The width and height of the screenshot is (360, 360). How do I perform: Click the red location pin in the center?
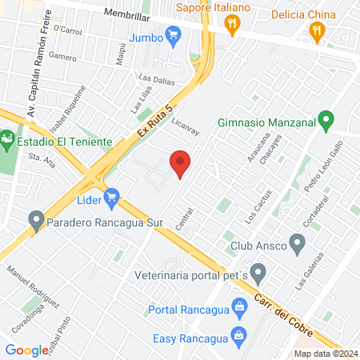(x=180, y=163)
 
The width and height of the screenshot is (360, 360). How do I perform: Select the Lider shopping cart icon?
(x=111, y=196)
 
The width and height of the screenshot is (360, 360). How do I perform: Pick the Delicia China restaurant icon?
(x=317, y=32)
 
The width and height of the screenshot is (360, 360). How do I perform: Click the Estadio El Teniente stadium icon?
(x=7, y=142)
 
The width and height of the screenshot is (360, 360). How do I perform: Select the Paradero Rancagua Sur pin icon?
(x=35, y=219)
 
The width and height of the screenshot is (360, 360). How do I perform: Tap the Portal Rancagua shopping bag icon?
(x=238, y=306)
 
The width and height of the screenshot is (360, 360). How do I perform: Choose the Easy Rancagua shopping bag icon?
(x=238, y=334)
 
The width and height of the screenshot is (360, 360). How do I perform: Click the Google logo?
(x=26, y=350)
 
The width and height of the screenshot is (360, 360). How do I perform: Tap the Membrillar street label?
(x=127, y=14)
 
